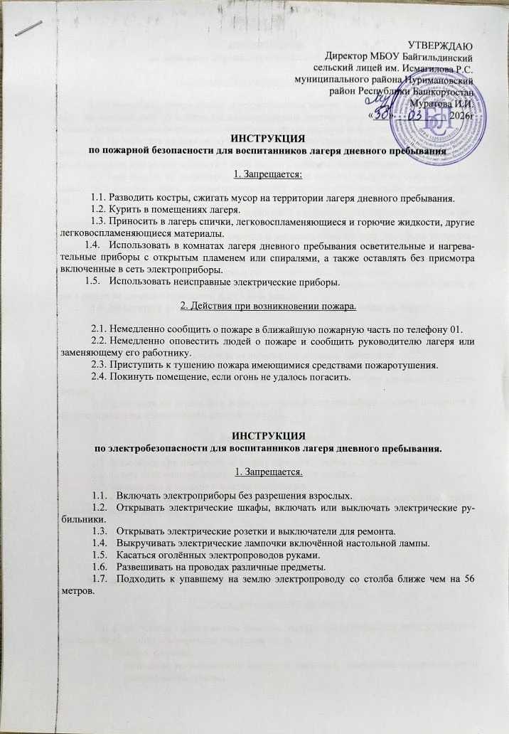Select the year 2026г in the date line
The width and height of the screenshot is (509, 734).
(463, 115)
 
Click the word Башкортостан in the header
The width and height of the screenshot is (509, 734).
(444, 91)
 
